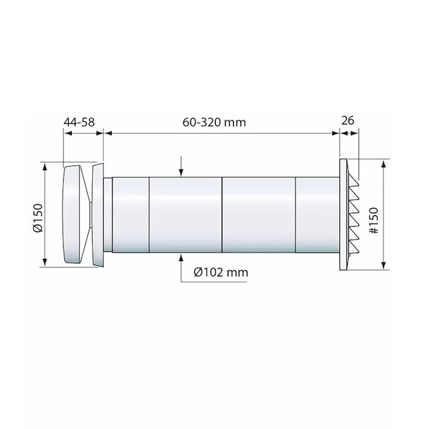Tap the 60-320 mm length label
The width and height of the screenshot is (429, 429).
tap(214, 122)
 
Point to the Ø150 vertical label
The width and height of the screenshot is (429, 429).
tap(38, 218)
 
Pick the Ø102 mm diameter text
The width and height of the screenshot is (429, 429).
tap(221, 272)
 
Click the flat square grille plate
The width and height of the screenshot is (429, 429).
tap(343, 214)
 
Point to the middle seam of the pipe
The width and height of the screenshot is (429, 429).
tap(222, 214)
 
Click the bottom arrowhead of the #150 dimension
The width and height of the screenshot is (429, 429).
tap(382, 267)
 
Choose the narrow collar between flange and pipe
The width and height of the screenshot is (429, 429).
tap(108, 214)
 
